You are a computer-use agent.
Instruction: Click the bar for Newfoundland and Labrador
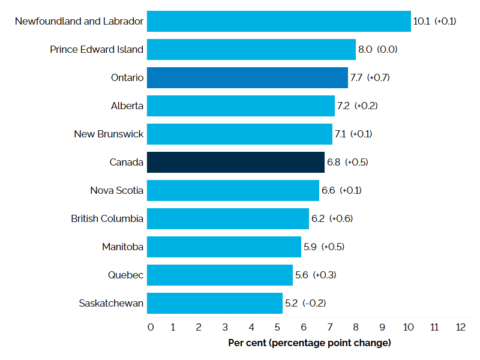[278, 21]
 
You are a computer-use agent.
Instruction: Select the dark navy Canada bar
[235, 162]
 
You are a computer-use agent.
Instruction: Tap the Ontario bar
[247, 77]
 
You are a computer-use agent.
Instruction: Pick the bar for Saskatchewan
[214, 303]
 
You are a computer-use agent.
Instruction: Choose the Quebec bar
[220, 275]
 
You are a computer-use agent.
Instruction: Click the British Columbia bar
[227, 218]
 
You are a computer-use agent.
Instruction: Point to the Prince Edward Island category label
[97, 49]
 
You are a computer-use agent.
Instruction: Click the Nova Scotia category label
[116, 190]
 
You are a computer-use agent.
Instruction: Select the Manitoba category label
[122, 247]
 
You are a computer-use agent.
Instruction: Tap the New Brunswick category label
[109, 134]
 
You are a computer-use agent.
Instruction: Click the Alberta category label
[127, 106]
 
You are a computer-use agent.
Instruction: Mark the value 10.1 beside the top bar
[421, 21]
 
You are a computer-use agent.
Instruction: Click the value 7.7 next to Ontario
[357, 77]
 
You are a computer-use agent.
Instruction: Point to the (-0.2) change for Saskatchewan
[314, 303]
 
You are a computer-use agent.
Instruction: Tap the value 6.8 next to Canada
[334, 162]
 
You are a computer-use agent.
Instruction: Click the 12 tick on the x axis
[460, 327]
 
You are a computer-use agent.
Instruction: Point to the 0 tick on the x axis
[150, 327]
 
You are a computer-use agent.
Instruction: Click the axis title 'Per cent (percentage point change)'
[310, 343]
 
